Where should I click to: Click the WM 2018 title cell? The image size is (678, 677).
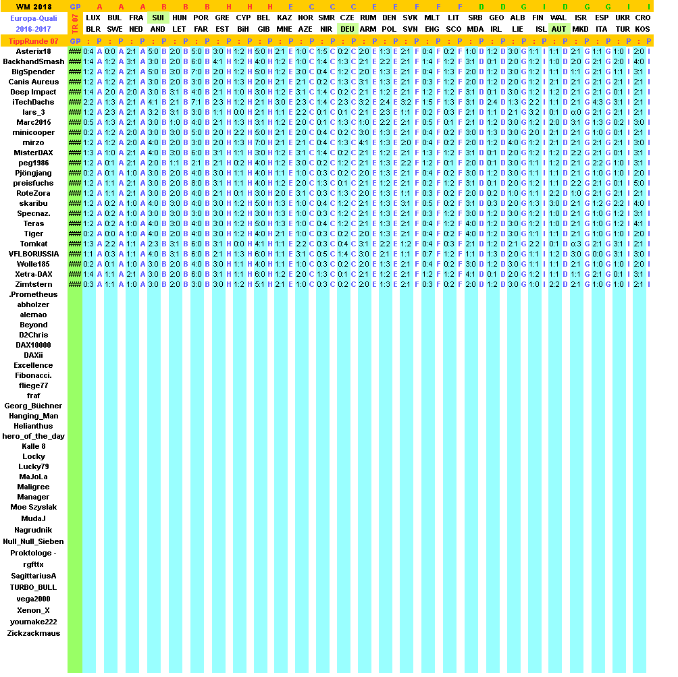point(33,7)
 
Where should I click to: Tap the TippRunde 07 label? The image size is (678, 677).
point(33,41)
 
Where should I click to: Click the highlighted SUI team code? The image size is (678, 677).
point(158,18)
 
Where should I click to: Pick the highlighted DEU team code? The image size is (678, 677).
point(347,29)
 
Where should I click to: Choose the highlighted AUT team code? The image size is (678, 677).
point(558,29)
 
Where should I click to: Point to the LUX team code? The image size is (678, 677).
point(94,18)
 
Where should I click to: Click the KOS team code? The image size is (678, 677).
point(642,29)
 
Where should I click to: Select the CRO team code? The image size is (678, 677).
point(642,18)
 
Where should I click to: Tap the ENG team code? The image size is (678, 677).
point(432,29)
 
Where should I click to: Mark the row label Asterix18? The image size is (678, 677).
point(33,51)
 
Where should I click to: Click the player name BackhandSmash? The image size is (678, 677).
point(33,61)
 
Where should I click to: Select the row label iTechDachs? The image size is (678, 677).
point(33,102)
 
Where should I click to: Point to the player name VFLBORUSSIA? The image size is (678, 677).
point(33,254)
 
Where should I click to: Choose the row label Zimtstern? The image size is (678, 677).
point(33,284)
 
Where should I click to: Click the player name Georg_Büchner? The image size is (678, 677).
point(33,406)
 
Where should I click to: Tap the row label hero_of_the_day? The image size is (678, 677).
point(33,436)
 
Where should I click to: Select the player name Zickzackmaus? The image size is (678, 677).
point(33,633)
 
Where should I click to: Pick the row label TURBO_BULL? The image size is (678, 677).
point(33,587)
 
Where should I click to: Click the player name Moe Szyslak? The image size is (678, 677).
point(33,507)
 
